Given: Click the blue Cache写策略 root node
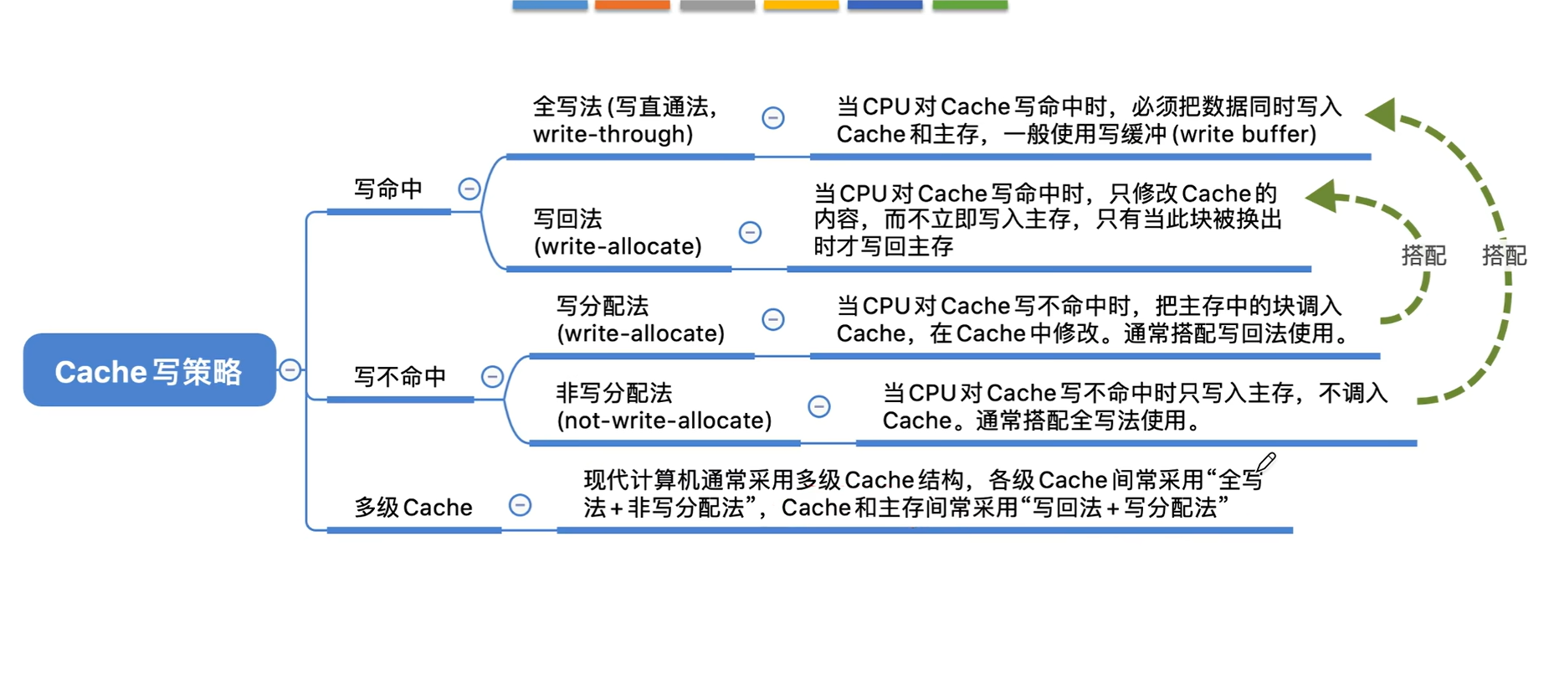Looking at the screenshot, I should click(x=149, y=370).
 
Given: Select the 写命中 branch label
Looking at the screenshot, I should click(x=387, y=189).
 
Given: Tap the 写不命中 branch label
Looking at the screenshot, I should click(x=399, y=377).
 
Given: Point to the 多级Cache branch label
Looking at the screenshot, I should click(x=413, y=508).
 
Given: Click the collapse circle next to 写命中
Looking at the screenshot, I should click(x=469, y=189).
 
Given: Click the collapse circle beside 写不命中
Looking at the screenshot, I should click(x=493, y=377).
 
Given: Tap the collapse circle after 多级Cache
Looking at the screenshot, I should click(x=521, y=505).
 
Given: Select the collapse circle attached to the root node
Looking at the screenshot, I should click(x=290, y=369).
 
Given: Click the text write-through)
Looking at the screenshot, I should click(x=613, y=134).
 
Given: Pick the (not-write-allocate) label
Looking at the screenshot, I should click(x=664, y=421).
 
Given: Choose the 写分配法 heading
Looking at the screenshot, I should click(x=603, y=306).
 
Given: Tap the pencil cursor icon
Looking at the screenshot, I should click(x=1265, y=462).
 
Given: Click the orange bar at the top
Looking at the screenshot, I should click(x=633, y=5).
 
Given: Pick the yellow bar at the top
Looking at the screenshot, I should click(x=801, y=5).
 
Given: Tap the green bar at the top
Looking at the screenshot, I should click(x=970, y=5).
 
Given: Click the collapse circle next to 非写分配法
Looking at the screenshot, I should click(x=819, y=407).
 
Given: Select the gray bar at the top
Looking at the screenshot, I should click(x=717, y=5).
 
